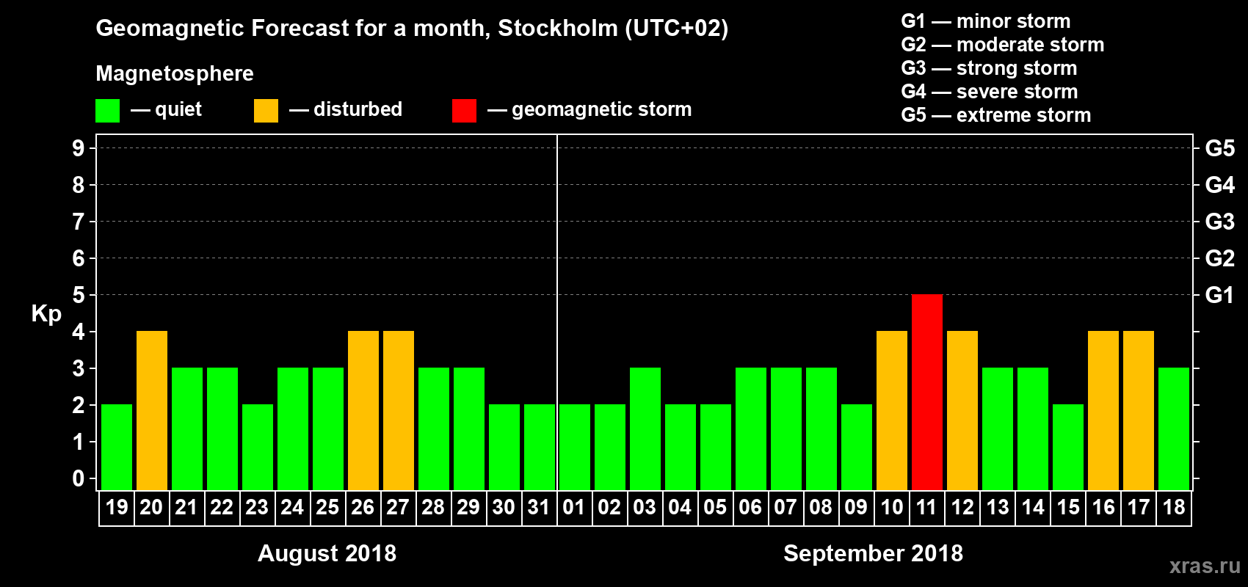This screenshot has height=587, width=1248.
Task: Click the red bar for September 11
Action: pos(927,393)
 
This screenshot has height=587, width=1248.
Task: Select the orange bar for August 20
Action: pos(152,411)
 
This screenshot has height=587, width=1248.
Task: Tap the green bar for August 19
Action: pos(117,447)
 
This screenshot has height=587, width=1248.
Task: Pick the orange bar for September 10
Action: pos(892,411)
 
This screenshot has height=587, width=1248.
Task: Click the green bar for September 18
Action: pos(1174,429)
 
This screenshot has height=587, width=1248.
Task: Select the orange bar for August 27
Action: pos(399,411)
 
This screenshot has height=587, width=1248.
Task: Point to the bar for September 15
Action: pos(1068,447)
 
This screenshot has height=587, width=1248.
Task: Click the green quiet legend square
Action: pos(108,111)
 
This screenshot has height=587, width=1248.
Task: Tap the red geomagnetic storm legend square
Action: pos(464,111)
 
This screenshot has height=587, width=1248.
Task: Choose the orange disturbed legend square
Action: pos(266,111)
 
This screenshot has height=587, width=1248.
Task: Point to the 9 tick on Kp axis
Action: pos(79,148)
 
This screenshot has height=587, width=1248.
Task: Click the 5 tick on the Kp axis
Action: pos(79,295)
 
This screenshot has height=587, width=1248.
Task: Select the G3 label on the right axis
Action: pos(1219,222)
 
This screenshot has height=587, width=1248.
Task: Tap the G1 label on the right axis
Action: pos(1219,295)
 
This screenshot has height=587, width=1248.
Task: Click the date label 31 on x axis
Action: pos(539,507)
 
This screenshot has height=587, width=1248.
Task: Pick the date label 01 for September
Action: pos(574,507)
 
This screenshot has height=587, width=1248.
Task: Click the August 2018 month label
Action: pos(327,553)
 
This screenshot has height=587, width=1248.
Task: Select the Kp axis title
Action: pos(46,313)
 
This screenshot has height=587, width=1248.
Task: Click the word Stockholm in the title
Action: pos(558,28)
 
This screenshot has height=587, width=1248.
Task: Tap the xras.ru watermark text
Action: pos(1205,565)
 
